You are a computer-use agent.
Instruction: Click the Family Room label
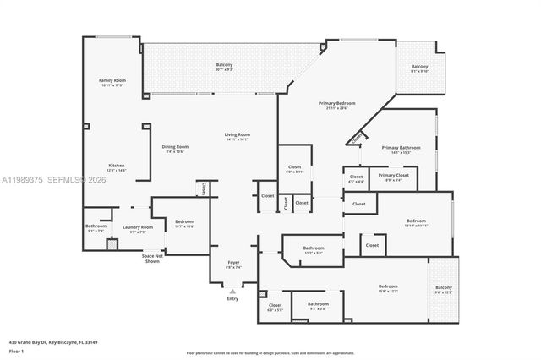point(112,82)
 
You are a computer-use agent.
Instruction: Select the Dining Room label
point(176,149)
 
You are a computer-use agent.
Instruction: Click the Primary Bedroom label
point(336,105)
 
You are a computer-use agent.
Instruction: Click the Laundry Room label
point(137,228)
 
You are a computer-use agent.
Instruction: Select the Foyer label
point(233,265)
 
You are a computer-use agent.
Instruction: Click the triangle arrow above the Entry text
point(233,291)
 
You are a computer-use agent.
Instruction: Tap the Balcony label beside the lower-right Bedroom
point(443,290)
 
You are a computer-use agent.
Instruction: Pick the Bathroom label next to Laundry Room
point(96,227)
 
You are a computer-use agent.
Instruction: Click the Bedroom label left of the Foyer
point(184,225)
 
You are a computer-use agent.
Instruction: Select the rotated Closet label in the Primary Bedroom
point(357,136)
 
